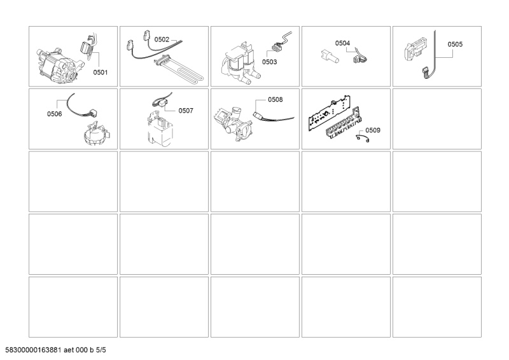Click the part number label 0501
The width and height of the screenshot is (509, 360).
(x=101, y=73)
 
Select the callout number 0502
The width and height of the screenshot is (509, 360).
(x=162, y=39)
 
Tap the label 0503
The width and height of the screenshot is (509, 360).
(x=269, y=62)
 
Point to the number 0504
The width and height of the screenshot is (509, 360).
(x=342, y=43)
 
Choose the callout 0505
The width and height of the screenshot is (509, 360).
(x=455, y=45)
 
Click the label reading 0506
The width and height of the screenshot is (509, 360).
(x=55, y=114)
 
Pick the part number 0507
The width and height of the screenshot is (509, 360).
(x=186, y=111)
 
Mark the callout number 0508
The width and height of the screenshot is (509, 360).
(x=275, y=100)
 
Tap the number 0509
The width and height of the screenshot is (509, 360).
(x=373, y=130)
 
